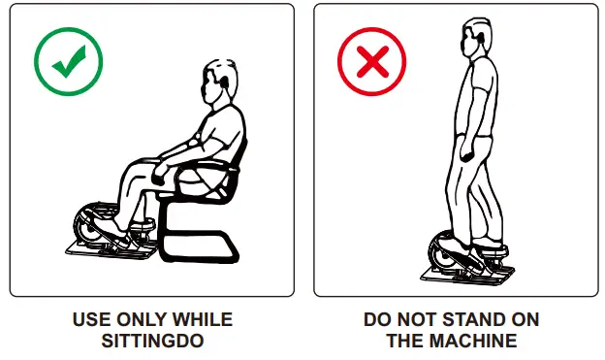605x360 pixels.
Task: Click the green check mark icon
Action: (x=69, y=62)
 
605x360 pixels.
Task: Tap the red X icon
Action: (x=372, y=62)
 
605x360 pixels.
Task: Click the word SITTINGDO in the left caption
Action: (x=153, y=341)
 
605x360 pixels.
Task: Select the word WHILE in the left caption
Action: (x=203, y=319)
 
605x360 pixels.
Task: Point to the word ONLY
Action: (x=142, y=319)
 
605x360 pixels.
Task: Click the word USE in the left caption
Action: (x=92, y=319)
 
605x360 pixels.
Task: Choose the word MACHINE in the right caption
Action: (x=473, y=341)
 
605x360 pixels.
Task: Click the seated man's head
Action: (x=219, y=82)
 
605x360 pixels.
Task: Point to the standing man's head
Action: (x=477, y=37)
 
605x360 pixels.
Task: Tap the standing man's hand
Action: (x=467, y=152)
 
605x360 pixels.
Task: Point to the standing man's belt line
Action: (x=475, y=135)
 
